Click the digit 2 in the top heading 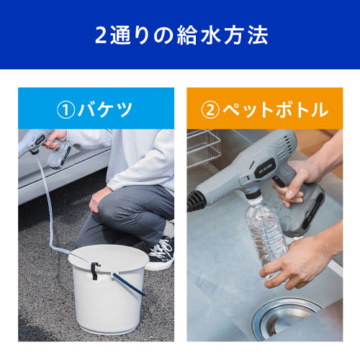point(101,35)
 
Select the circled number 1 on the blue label point(66,110)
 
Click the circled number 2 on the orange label point(210,110)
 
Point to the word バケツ point(105,109)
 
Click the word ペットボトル point(275,109)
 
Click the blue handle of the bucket point(129,284)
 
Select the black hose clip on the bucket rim point(95,270)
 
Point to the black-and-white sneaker point(162,251)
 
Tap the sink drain point(286,318)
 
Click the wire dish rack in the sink point(203,148)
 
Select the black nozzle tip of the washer point(197,201)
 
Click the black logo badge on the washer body point(265,168)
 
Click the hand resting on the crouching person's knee point(98,200)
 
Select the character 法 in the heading point(258,35)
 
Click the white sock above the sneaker point(169,228)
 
